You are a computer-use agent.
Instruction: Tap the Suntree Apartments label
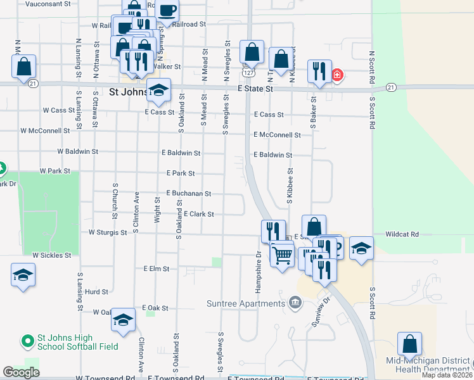pyautogui.click(x=246, y=303)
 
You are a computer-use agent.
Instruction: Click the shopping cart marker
pyautogui.click(x=281, y=255)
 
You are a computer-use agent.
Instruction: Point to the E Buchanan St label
pyautogui.click(x=188, y=193)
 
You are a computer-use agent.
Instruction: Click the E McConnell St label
pyautogui.click(x=277, y=135)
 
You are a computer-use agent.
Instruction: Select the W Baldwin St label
pyautogui.click(x=77, y=152)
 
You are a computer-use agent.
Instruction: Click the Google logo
pyautogui.click(x=21, y=372)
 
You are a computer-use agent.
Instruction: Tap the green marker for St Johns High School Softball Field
pyautogui.click(x=27, y=342)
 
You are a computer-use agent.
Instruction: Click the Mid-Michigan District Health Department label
pyautogui.click(x=433, y=365)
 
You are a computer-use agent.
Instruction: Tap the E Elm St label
pyautogui.click(x=157, y=269)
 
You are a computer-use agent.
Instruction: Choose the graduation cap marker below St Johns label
pyautogui.click(x=158, y=91)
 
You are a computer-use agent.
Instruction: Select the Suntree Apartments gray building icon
pyautogui.click(x=294, y=303)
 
